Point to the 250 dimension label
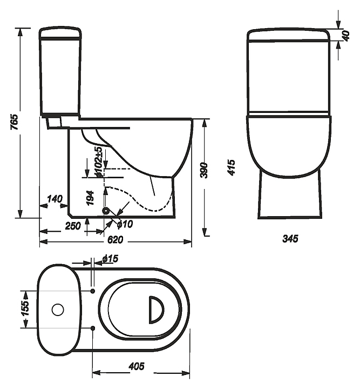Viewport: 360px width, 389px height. tap(73, 226)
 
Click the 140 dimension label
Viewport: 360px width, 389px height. tap(55, 199)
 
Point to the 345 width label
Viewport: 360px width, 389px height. tap(290, 238)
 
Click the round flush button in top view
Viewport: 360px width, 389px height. tap(57, 310)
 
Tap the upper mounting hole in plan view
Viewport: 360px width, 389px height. tap(93, 291)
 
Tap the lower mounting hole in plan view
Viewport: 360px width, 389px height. tap(93, 327)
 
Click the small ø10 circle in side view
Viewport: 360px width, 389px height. tap(106, 211)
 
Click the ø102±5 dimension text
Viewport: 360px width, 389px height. tap(98, 162)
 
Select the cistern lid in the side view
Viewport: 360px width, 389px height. tap(59, 34)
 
